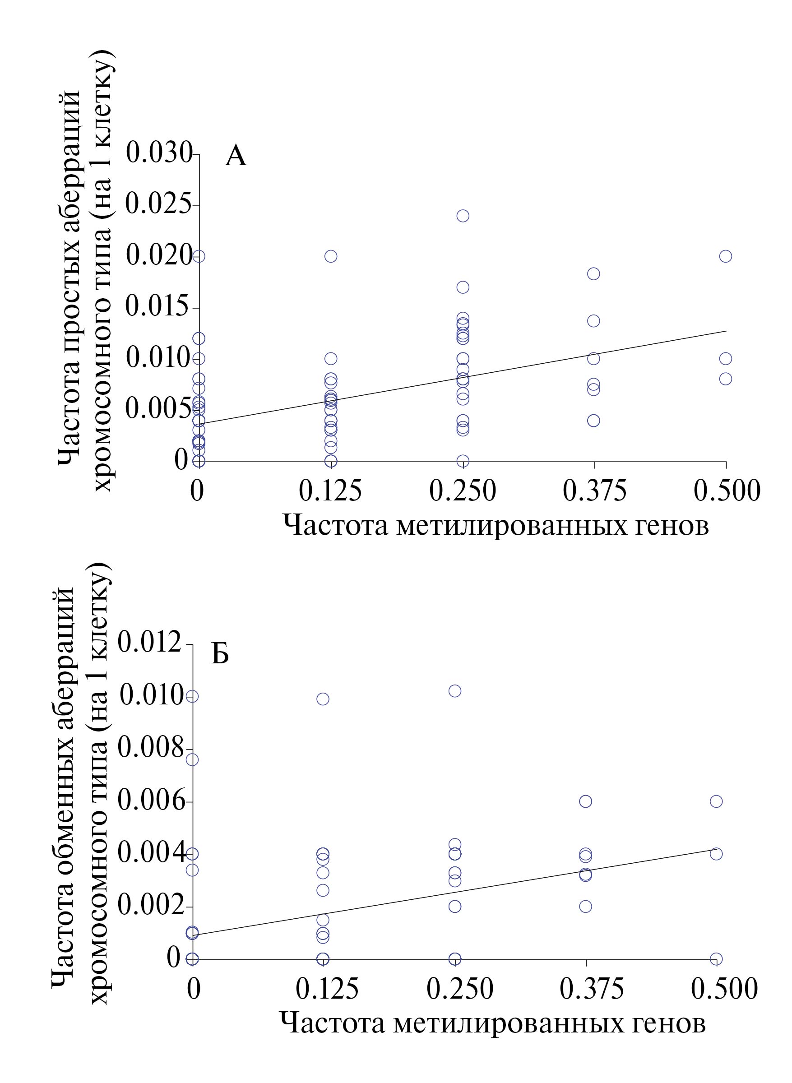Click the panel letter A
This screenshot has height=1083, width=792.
point(236,156)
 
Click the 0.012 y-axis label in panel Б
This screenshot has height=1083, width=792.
point(150,642)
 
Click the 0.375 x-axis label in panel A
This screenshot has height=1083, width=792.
point(594,491)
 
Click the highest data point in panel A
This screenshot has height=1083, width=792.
point(463,216)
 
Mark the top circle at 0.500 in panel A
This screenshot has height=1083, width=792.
point(725,256)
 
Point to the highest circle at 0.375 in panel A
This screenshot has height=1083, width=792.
point(593,274)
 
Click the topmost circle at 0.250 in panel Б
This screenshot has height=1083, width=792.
point(454,691)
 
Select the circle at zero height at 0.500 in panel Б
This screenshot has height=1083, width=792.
point(716,959)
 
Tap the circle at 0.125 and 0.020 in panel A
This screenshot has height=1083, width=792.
point(331,256)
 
